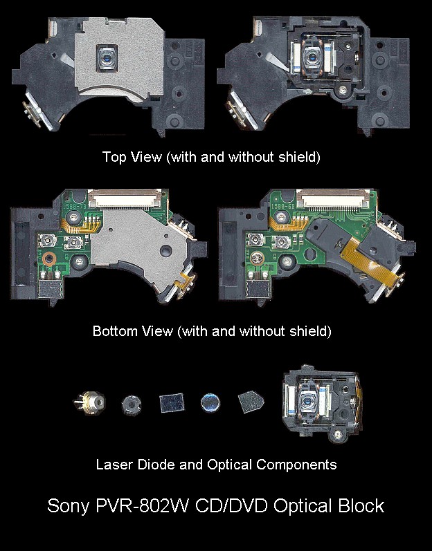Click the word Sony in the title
68,507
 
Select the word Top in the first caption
114,157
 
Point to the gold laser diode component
90,402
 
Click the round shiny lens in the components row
210,403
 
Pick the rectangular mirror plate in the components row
172,403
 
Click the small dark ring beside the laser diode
132,405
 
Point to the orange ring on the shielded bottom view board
49,259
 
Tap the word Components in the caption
296,465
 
